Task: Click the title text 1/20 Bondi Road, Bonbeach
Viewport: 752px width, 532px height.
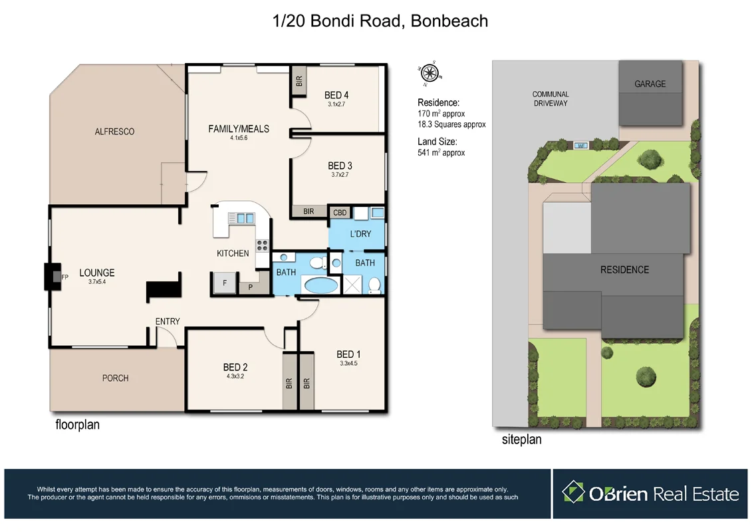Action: [381, 21]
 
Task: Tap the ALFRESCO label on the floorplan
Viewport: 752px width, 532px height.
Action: [114, 132]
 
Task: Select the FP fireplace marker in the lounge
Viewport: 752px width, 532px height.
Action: [64, 277]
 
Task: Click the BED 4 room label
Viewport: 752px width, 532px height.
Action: [336, 95]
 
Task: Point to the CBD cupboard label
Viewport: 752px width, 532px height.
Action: [340, 213]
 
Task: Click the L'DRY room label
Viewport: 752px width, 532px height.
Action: [360, 234]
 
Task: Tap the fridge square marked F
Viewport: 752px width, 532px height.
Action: [225, 283]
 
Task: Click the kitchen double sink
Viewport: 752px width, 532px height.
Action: [241, 217]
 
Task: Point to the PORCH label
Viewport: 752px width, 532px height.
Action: [116, 378]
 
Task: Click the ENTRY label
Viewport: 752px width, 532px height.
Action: [168, 321]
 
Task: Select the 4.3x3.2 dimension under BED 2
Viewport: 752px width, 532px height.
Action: [235, 376]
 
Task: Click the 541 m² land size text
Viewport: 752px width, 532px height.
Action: [441, 152]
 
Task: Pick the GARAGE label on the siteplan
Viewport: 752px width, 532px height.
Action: [650, 84]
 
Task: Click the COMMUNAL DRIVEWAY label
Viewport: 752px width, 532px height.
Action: [551, 99]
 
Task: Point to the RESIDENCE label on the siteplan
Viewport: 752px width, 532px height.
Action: [624, 269]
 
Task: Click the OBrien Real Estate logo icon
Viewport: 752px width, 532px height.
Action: [573, 493]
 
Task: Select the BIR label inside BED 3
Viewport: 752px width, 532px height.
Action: [309, 211]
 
